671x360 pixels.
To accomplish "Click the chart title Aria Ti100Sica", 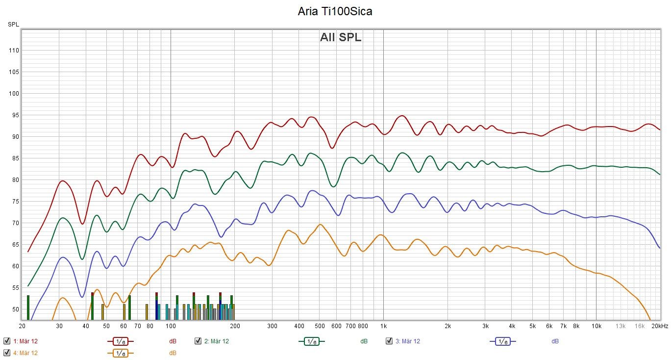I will pyautogui.click(x=335, y=12).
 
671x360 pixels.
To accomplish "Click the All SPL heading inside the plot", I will pyautogui.click(x=341, y=37).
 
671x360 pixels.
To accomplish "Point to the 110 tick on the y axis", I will pyautogui.click(x=14, y=51).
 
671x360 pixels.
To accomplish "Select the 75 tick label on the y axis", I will pyautogui.click(x=14, y=202).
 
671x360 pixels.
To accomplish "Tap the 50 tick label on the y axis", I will pyautogui.click(x=14, y=309).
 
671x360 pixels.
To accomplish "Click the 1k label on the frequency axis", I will pyautogui.click(x=383, y=326).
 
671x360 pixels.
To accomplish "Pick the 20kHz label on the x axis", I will pyautogui.click(x=660, y=326).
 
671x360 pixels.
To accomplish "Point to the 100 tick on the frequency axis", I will pyautogui.click(x=171, y=326).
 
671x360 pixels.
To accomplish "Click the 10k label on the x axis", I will pyautogui.click(x=596, y=326).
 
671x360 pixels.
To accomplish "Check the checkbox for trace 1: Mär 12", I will pyautogui.click(x=7, y=341).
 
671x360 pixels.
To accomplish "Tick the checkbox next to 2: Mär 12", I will pyautogui.click(x=198, y=341).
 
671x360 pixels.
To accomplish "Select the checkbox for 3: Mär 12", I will pyautogui.click(x=389, y=341).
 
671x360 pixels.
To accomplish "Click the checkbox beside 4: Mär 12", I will pyautogui.click(x=7, y=353).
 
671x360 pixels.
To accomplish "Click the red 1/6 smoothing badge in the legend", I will pyautogui.click(x=120, y=341).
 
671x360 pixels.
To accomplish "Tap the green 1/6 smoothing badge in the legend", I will pyautogui.click(x=311, y=341).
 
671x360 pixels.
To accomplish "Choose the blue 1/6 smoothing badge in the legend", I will pyautogui.click(x=502, y=341).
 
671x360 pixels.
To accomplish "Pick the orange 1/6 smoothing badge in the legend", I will pyautogui.click(x=120, y=353).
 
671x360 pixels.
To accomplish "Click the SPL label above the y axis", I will pyautogui.click(x=13, y=24).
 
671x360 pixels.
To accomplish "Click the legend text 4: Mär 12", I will pyautogui.click(x=25, y=353).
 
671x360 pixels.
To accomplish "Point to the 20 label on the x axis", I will pyautogui.click(x=22, y=326).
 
